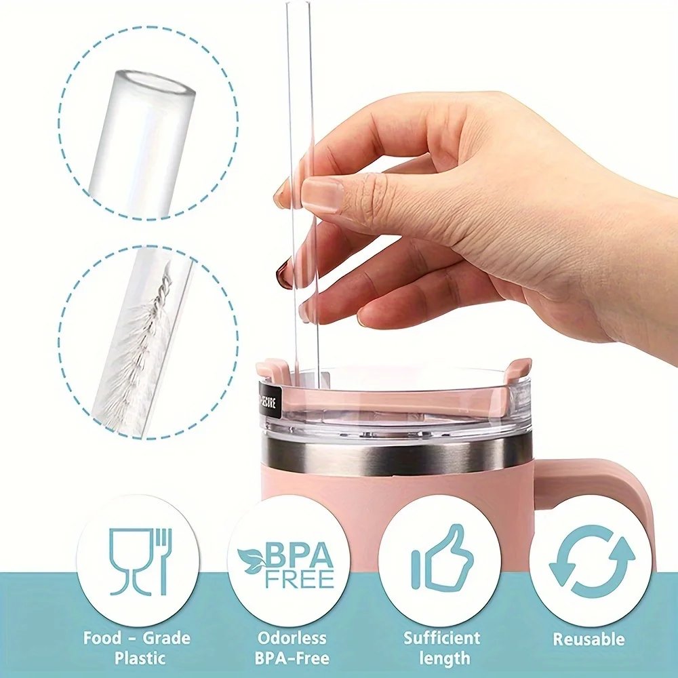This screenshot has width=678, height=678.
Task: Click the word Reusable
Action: [x=589, y=639]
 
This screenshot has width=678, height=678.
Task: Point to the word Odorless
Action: [x=292, y=637]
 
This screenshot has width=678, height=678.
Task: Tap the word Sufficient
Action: [x=441, y=637]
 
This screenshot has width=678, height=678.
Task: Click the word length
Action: [x=444, y=658]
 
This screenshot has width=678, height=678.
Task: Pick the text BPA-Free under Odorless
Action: [x=292, y=658]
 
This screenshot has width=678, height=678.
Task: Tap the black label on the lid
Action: [x=269, y=399]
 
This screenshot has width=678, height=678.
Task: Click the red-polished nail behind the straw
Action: [x=284, y=274]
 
